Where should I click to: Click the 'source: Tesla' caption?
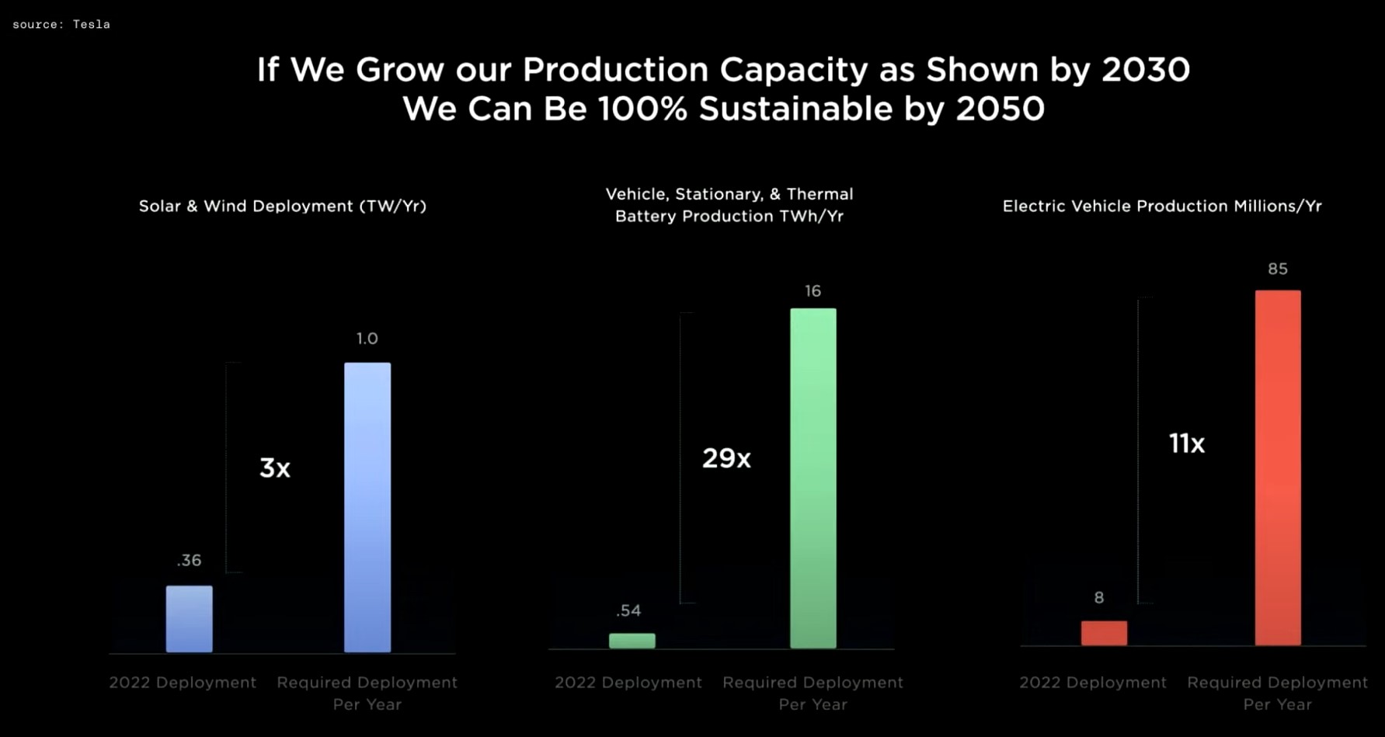(x=61, y=24)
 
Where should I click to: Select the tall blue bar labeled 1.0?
(x=367, y=506)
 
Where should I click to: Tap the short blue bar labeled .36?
(x=189, y=619)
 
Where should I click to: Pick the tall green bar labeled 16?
(x=813, y=478)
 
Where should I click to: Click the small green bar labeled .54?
(x=632, y=641)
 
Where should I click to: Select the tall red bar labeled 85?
(x=1278, y=467)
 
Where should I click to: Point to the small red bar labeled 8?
(x=1104, y=633)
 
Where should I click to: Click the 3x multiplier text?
(x=274, y=468)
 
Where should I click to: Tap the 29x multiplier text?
(x=726, y=458)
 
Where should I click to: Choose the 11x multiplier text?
(x=1186, y=443)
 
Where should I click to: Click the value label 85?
(x=1278, y=269)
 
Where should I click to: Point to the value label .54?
(x=628, y=610)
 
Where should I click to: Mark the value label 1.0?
(x=367, y=339)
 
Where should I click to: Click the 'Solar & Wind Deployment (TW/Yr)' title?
(x=283, y=206)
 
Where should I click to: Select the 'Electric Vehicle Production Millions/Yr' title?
(x=1162, y=206)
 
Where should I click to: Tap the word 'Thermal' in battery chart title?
(x=820, y=194)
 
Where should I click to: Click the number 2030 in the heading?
(x=1146, y=70)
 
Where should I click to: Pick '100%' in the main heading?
(x=642, y=109)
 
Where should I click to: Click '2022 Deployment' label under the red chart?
(x=1092, y=682)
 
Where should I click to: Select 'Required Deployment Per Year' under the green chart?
(x=813, y=693)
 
